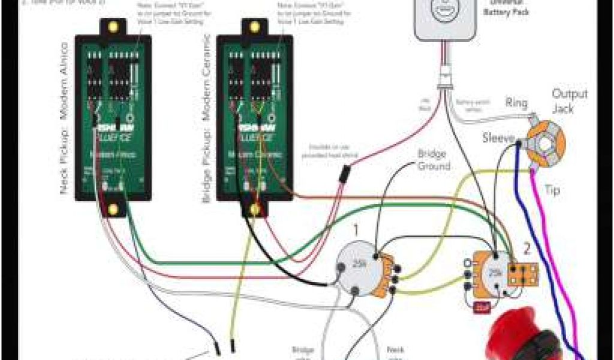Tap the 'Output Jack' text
(569, 101)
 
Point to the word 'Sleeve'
(498, 139)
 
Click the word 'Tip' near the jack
(552, 190)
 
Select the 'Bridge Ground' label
(434, 160)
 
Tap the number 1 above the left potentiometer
(356, 229)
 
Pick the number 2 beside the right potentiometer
(527, 248)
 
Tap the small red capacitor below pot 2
(483, 308)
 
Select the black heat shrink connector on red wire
(345, 174)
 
